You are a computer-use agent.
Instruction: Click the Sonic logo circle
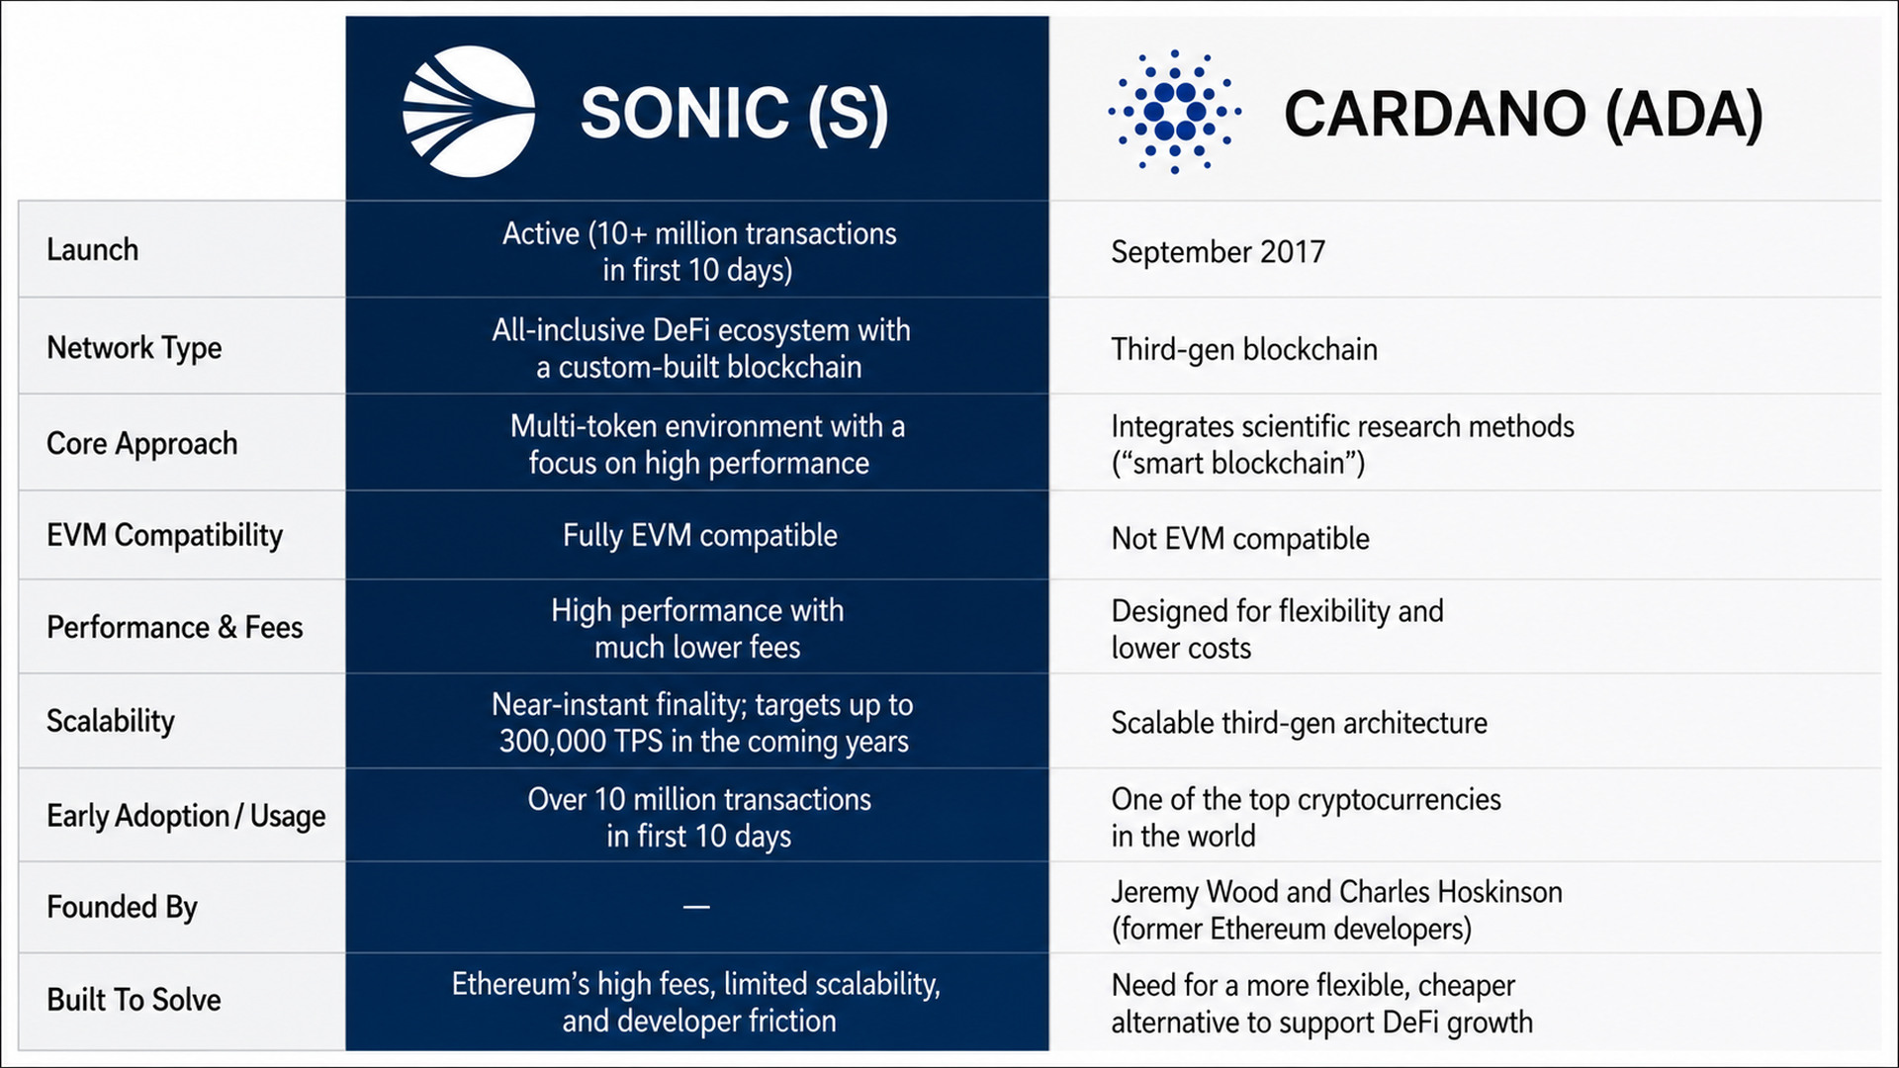click(469, 112)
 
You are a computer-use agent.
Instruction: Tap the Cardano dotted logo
click(1174, 112)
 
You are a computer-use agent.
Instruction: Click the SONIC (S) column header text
click(734, 114)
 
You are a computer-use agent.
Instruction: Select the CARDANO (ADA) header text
click(1523, 114)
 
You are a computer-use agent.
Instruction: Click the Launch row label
click(92, 249)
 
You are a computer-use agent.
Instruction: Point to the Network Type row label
click(134, 348)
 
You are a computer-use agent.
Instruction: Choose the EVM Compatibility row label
click(164, 535)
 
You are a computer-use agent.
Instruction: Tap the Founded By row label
click(122, 907)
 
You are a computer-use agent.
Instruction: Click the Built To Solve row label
click(134, 999)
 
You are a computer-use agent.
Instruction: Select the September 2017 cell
click(1218, 252)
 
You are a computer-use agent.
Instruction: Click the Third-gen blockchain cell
click(1243, 349)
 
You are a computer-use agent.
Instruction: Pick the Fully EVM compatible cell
click(699, 535)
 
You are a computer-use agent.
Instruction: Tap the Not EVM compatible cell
click(1240, 539)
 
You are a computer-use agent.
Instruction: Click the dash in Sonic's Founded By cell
click(696, 907)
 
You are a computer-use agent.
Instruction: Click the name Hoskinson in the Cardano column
click(1499, 892)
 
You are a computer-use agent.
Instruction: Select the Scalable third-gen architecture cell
click(1299, 724)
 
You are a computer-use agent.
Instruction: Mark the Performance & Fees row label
click(174, 627)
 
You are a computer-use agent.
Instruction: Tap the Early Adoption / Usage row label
click(186, 816)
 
